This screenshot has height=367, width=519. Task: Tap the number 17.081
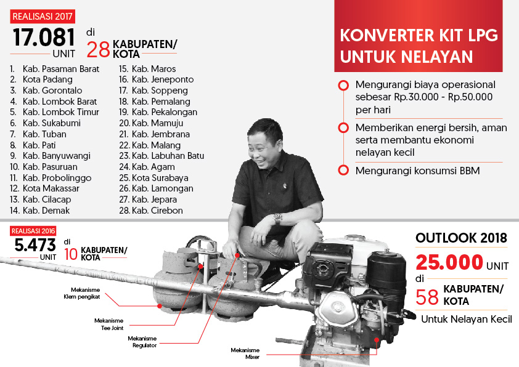click(44, 38)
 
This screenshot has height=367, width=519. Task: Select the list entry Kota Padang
click(47, 79)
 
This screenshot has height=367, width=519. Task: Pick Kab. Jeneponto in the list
click(162, 79)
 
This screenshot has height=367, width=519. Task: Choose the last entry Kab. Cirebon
click(157, 211)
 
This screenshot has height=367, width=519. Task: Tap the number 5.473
click(35, 246)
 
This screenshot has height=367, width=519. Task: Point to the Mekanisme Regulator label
click(142, 342)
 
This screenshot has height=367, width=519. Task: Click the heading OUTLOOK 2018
click(461, 238)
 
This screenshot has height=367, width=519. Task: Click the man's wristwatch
click(278, 218)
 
